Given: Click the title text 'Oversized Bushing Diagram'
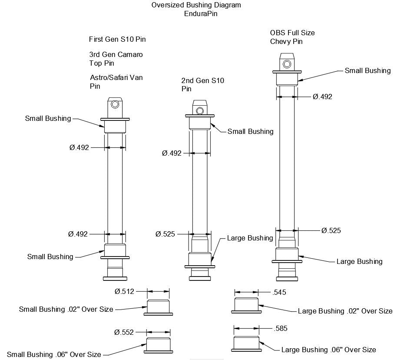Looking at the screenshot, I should click(x=196, y=5).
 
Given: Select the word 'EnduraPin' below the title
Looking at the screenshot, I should click(x=200, y=13).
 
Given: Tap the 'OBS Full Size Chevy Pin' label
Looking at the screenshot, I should click(x=292, y=37).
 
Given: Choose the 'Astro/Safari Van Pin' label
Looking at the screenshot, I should click(x=116, y=82).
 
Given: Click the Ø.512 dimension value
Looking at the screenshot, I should click(x=125, y=292).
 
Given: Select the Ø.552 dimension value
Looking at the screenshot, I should click(x=125, y=332).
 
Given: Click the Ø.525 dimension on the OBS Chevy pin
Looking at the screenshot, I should click(x=331, y=230).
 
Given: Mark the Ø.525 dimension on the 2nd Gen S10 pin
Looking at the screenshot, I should click(x=165, y=234).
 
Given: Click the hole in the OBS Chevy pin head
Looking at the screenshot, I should click(x=287, y=64).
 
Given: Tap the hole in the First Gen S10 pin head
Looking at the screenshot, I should click(x=115, y=105).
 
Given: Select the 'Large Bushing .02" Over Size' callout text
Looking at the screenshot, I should click(x=345, y=311).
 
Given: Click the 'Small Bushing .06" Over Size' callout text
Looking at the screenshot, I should click(x=54, y=354).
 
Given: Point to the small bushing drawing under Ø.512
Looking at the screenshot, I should click(x=159, y=306).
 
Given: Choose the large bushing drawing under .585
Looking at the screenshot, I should click(x=246, y=343).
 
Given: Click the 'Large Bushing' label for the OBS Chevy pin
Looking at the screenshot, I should click(x=359, y=261).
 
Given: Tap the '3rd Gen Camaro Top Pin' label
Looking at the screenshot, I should click(x=116, y=59).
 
